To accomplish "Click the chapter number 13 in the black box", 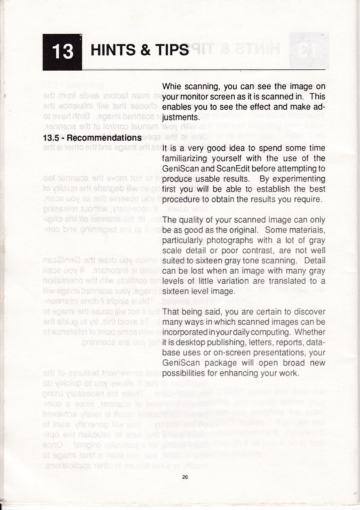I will (x=63, y=52).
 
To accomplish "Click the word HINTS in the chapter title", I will (x=113, y=50).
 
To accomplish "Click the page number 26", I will (x=185, y=477).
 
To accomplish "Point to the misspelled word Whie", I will (x=171, y=86).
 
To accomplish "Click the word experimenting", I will (x=299, y=179).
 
